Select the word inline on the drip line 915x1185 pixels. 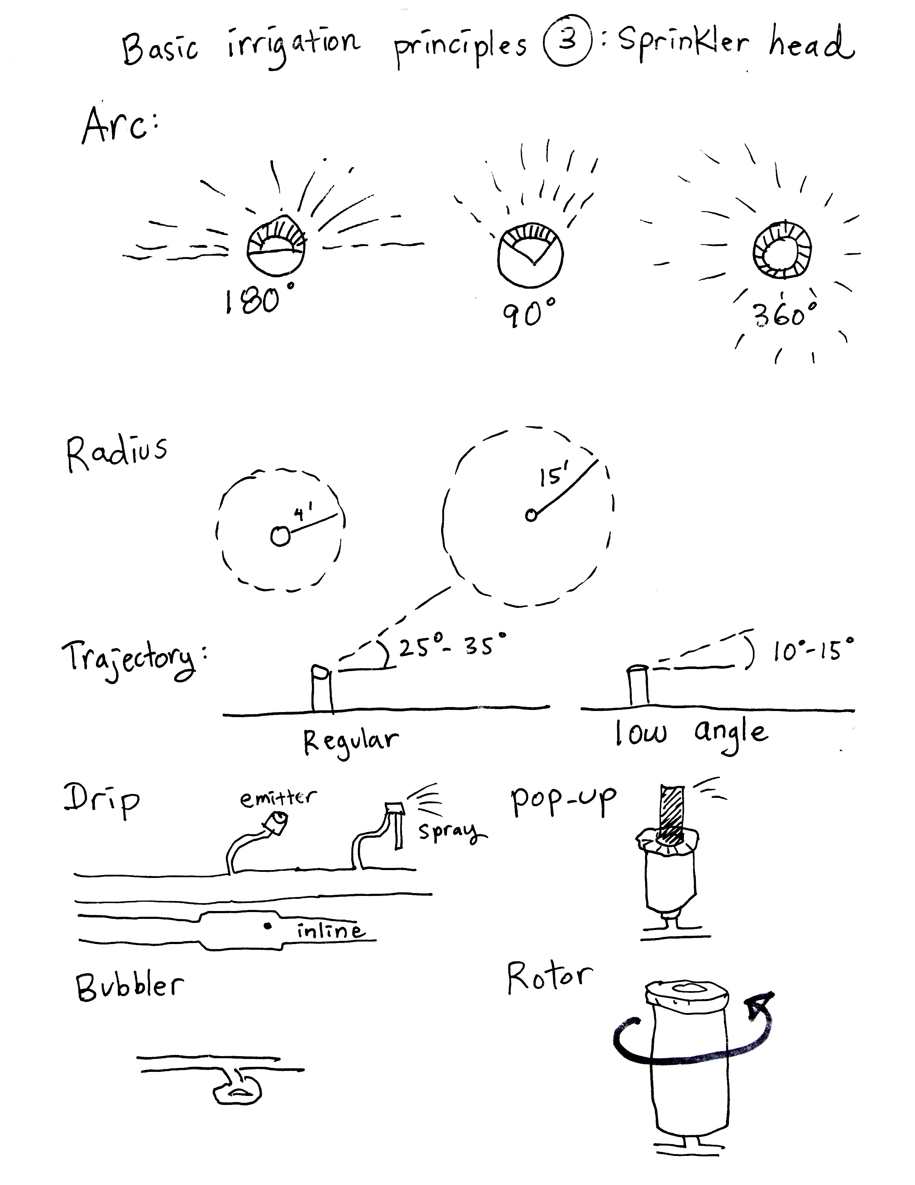329,930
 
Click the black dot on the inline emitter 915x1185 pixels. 267,926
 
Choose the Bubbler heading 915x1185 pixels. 129,986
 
